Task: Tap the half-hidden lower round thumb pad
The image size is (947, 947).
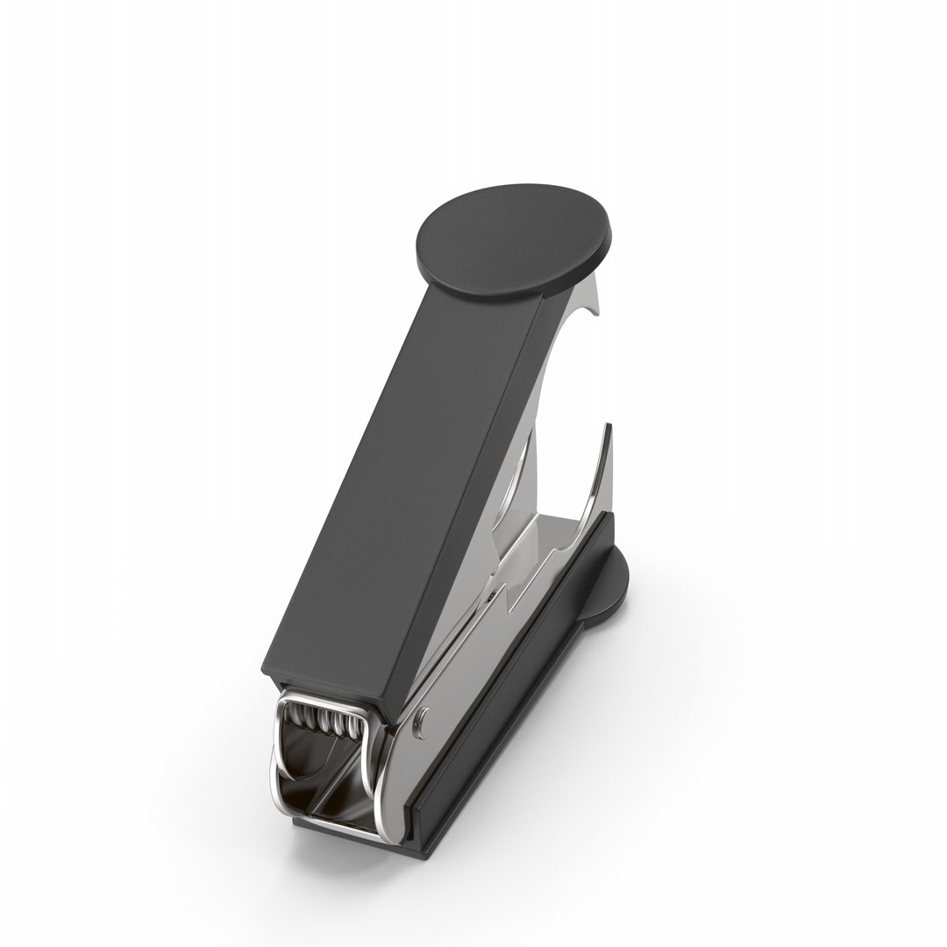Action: click(613, 582)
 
